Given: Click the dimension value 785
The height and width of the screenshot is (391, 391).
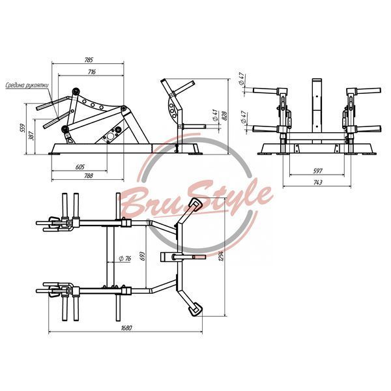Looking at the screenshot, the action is pyautogui.click(x=89, y=60).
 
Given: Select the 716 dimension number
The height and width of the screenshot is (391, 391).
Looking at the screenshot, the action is pyautogui.click(x=92, y=72).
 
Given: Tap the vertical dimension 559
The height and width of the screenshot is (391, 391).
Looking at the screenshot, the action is pyautogui.click(x=23, y=128).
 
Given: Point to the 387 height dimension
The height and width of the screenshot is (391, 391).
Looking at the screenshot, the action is pyautogui.click(x=32, y=136).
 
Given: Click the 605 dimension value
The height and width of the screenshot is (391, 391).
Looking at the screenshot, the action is pyautogui.click(x=80, y=167).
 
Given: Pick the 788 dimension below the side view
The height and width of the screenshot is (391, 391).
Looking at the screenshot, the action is pyautogui.click(x=88, y=176).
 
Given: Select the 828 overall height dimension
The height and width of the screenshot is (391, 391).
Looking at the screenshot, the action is pyautogui.click(x=224, y=115).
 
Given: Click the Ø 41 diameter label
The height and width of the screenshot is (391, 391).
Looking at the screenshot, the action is pyautogui.click(x=215, y=115).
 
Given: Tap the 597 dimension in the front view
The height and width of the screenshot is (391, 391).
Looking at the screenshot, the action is pyautogui.click(x=317, y=171).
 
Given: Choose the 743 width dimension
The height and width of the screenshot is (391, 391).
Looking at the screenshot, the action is pyautogui.click(x=317, y=182).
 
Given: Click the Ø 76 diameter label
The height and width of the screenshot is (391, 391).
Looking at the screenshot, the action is pyautogui.click(x=125, y=259).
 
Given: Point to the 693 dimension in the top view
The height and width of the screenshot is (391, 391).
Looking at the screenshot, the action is pyautogui.click(x=143, y=256).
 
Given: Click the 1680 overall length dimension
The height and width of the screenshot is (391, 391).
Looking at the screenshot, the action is pyautogui.click(x=126, y=328).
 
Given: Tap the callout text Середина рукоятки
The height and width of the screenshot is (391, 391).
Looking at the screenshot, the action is pyautogui.click(x=27, y=85).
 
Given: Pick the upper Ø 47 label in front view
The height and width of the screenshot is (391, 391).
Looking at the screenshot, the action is pyautogui.click(x=242, y=79).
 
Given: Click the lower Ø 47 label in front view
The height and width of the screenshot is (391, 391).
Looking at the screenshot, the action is pyautogui.click(x=244, y=117).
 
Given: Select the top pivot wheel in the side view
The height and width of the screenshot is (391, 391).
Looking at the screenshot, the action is pyautogui.click(x=76, y=91).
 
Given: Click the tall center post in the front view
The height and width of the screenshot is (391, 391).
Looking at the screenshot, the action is pyautogui.click(x=317, y=111).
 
